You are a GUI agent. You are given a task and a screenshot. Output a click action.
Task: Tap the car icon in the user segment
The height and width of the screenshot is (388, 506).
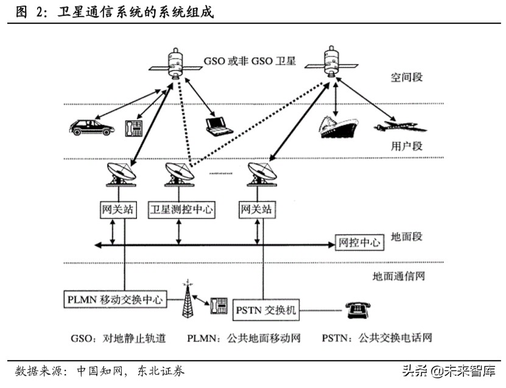(91, 127)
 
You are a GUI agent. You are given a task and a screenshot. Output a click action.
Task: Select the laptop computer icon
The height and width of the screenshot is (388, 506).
(219, 125)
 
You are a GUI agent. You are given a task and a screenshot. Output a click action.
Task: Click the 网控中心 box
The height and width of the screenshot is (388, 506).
(359, 242)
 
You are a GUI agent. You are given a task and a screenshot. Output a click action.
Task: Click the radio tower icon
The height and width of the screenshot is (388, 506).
(188, 300)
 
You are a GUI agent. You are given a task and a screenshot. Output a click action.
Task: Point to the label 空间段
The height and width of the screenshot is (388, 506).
(406, 77)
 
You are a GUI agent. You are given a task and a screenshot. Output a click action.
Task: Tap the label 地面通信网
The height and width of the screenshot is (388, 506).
(398, 275)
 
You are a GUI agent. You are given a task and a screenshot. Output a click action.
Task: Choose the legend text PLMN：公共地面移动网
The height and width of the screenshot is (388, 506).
(244, 338)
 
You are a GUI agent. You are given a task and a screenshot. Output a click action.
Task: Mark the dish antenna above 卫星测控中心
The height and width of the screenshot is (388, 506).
(180, 174)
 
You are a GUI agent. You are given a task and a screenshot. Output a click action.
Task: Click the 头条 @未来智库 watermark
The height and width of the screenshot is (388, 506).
(448, 370)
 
